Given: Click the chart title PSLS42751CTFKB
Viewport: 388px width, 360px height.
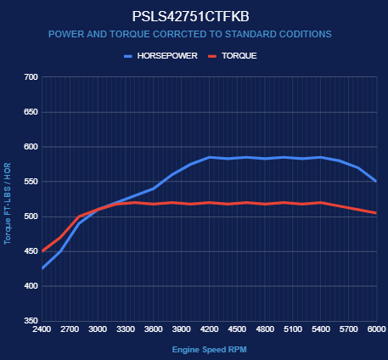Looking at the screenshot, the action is [191, 17].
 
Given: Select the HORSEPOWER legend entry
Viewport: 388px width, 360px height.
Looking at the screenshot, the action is [160, 56].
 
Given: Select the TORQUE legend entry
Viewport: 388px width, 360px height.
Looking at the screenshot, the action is [233, 56].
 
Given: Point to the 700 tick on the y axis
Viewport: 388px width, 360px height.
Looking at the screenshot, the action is [31, 77].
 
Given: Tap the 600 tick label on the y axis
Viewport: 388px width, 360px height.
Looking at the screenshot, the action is [31, 147].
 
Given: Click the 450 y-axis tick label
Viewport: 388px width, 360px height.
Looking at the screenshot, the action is [31, 251].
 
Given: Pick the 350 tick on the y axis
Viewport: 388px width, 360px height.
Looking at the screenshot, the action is [31, 321].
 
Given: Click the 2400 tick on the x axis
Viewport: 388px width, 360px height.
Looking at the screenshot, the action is [42, 329].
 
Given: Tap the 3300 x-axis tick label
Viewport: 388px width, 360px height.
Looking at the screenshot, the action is [126, 329].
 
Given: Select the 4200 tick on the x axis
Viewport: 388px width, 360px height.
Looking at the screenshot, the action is [210, 329].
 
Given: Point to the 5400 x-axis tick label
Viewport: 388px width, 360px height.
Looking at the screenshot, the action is [321, 329].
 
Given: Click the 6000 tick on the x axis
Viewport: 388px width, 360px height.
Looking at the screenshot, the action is [377, 329].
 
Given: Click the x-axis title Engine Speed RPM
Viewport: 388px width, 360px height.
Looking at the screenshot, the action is [210, 350].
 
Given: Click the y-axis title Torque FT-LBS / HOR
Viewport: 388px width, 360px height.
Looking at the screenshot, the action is [8, 204].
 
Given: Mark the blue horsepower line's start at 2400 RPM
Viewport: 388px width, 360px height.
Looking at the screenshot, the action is [42, 268].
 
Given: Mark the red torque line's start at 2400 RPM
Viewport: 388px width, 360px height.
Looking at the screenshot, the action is [42, 251].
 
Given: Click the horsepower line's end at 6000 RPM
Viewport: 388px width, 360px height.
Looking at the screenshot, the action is [376, 182].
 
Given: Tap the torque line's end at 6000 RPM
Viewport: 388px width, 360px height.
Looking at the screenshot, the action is [376, 213].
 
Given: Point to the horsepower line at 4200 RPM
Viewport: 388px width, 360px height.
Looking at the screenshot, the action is [210, 157].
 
